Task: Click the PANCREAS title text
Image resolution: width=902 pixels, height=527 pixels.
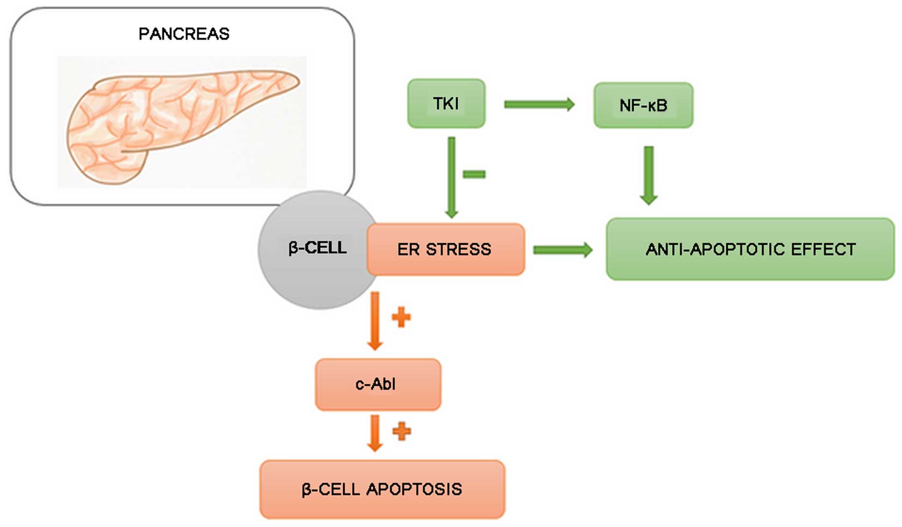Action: [x=184, y=34]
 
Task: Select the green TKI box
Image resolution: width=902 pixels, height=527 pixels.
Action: [x=446, y=103]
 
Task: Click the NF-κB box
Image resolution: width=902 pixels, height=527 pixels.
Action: [x=643, y=105]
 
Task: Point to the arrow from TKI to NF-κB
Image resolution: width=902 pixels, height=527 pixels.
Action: [x=539, y=104]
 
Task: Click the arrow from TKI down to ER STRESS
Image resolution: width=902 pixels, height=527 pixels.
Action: [x=452, y=177]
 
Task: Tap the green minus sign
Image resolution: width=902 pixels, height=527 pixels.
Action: [x=474, y=174]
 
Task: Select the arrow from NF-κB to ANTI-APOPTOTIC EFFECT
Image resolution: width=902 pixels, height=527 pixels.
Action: [x=649, y=175]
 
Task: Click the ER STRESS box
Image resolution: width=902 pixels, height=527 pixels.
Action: [x=446, y=250]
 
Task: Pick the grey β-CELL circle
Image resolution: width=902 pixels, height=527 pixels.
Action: [x=318, y=250]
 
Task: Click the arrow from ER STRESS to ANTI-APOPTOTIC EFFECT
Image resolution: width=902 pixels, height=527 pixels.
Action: [x=563, y=250]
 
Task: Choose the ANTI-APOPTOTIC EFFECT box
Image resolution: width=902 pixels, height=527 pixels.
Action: [x=751, y=249]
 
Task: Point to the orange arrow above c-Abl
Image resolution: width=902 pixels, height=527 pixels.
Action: [x=375, y=321]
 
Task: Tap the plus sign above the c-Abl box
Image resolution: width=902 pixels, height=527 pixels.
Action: [x=401, y=317]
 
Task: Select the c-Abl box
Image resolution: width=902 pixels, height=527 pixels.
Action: [x=378, y=384]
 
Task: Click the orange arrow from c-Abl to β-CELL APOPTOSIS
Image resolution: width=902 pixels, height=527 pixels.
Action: [x=375, y=433]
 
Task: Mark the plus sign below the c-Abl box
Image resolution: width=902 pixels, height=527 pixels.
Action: [x=401, y=432]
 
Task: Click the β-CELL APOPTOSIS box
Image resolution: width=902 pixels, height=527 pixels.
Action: [x=382, y=489]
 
